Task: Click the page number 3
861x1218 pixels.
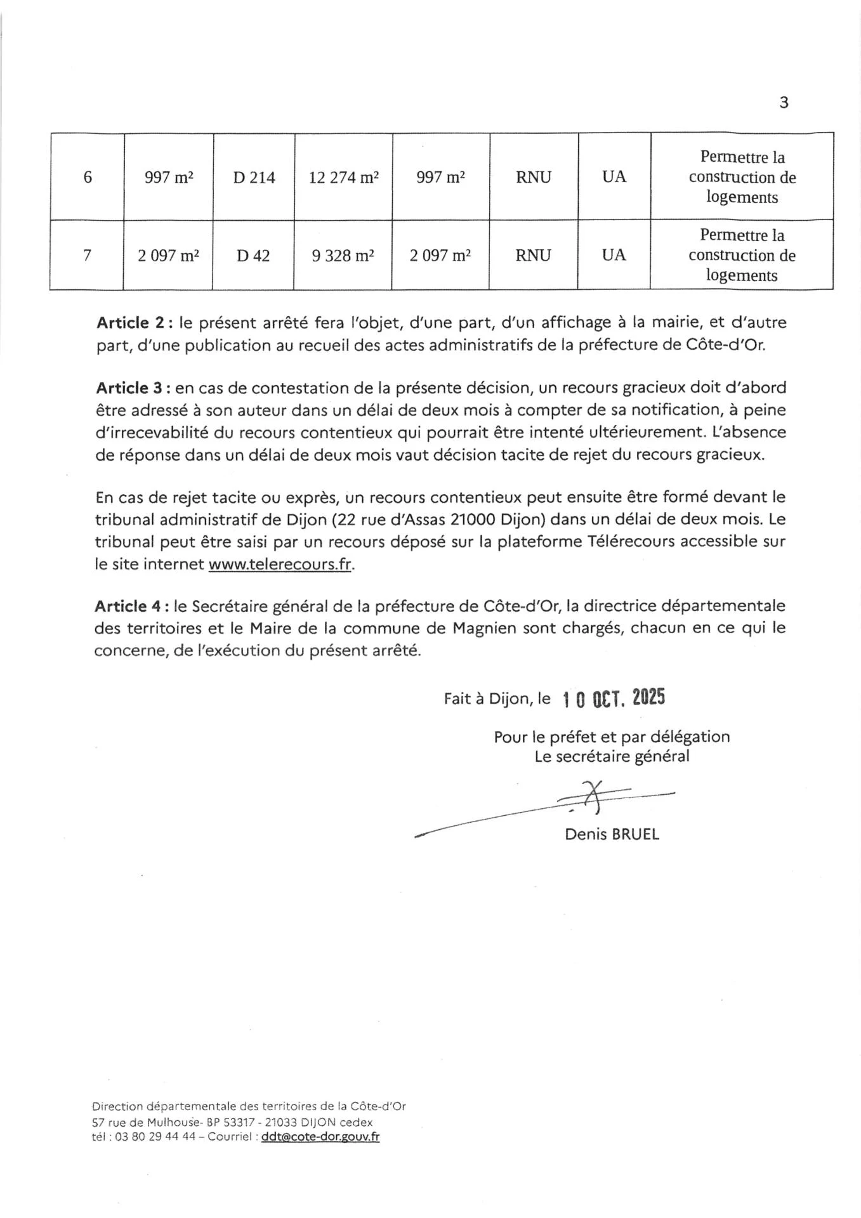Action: click(784, 103)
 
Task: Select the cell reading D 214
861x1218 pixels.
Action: click(254, 178)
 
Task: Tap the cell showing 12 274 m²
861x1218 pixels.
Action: click(343, 178)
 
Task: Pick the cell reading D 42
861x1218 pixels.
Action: click(253, 256)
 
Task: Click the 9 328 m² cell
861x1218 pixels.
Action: click(343, 256)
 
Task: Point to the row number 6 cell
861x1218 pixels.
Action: click(88, 178)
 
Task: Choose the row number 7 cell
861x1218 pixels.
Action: click(88, 256)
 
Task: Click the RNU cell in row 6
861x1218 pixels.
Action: click(534, 178)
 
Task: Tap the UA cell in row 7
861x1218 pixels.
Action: click(614, 255)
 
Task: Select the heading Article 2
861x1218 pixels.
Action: click(131, 323)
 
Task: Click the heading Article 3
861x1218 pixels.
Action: click(131, 388)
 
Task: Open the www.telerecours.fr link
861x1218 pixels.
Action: click(280, 565)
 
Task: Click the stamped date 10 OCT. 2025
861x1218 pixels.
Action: click(614, 698)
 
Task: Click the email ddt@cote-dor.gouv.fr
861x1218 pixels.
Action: click(320, 1137)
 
